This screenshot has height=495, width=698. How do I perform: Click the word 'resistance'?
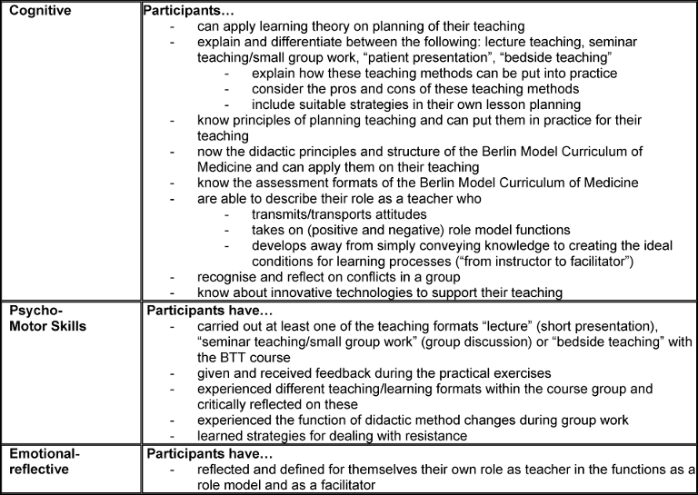(x=421, y=435)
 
